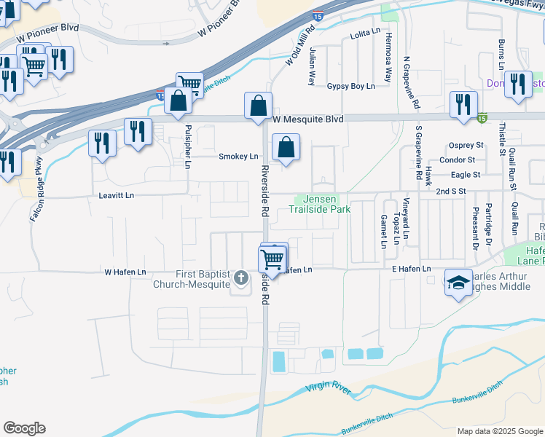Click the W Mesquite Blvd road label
(x=307, y=118)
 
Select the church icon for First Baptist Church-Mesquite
(x=242, y=278)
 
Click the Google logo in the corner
(x=24, y=428)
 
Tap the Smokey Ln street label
(x=238, y=157)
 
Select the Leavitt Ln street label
(x=117, y=196)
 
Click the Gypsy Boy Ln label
(x=350, y=86)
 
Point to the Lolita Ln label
(x=365, y=34)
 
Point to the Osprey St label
(x=467, y=145)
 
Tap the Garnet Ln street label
(x=383, y=231)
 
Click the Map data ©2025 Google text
(x=499, y=431)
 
